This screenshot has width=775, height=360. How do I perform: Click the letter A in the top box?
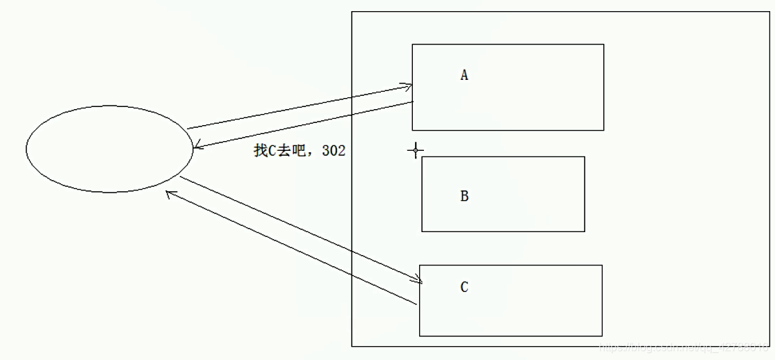(464, 75)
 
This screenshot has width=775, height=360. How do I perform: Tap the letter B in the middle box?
(464, 196)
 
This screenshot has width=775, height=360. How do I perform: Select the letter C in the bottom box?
(464, 286)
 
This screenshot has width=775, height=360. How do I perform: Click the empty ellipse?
(108, 149)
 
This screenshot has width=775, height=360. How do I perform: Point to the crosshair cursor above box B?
(416, 150)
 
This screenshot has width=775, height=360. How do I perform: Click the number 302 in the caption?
(334, 151)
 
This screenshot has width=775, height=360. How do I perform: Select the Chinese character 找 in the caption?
(261, 151)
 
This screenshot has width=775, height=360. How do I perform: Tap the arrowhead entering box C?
(419, 281)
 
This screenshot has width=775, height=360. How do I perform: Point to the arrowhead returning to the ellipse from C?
(169, 194)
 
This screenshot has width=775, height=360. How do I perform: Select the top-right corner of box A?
(603, 44)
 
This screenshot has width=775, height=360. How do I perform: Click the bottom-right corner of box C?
(602, 336)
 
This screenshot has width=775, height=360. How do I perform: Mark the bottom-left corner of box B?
(422, 231)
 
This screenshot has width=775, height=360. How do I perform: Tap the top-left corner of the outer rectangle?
(352, 12)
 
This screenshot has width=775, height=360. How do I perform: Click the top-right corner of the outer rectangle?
(770, 12)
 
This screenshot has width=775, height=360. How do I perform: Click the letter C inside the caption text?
(272, 151)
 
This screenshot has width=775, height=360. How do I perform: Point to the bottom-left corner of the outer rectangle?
(352, 346)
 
